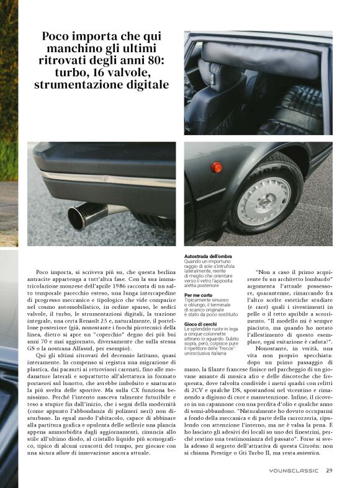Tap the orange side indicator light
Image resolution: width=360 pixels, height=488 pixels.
coord(216,167)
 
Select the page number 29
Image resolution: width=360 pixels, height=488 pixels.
coord(329,470)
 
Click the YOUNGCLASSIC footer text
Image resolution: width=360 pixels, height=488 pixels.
coord(294,471)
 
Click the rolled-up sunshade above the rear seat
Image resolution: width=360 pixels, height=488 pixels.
coord(261,53)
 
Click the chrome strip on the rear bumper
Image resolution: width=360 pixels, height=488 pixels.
coord(99,179)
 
